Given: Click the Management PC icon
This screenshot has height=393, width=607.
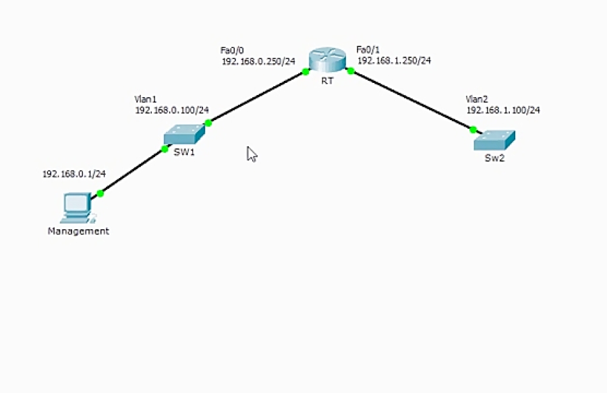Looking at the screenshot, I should (77, 208).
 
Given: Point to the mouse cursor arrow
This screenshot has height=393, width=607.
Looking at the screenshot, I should (252, 154).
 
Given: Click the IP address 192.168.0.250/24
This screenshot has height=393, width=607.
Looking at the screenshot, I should (258, 61).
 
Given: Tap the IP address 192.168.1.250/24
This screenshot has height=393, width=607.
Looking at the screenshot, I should (394, 61).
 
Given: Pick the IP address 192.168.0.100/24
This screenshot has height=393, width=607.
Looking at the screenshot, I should (172, 110).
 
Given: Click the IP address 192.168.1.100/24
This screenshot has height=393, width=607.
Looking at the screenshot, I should (503, 110).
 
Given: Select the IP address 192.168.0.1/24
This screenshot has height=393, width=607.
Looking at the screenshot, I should (74, 174).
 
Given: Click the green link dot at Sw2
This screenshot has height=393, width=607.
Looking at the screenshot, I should (473, 129).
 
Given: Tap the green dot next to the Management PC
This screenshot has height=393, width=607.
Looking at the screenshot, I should (100, 193).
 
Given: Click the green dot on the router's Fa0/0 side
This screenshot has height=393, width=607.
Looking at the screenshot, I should (306, 71).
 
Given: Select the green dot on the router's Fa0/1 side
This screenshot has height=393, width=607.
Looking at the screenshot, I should (350, 71).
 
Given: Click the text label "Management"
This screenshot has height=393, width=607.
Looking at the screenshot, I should (78, 231).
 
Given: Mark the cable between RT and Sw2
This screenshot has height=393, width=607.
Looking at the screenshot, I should (411, 100).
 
